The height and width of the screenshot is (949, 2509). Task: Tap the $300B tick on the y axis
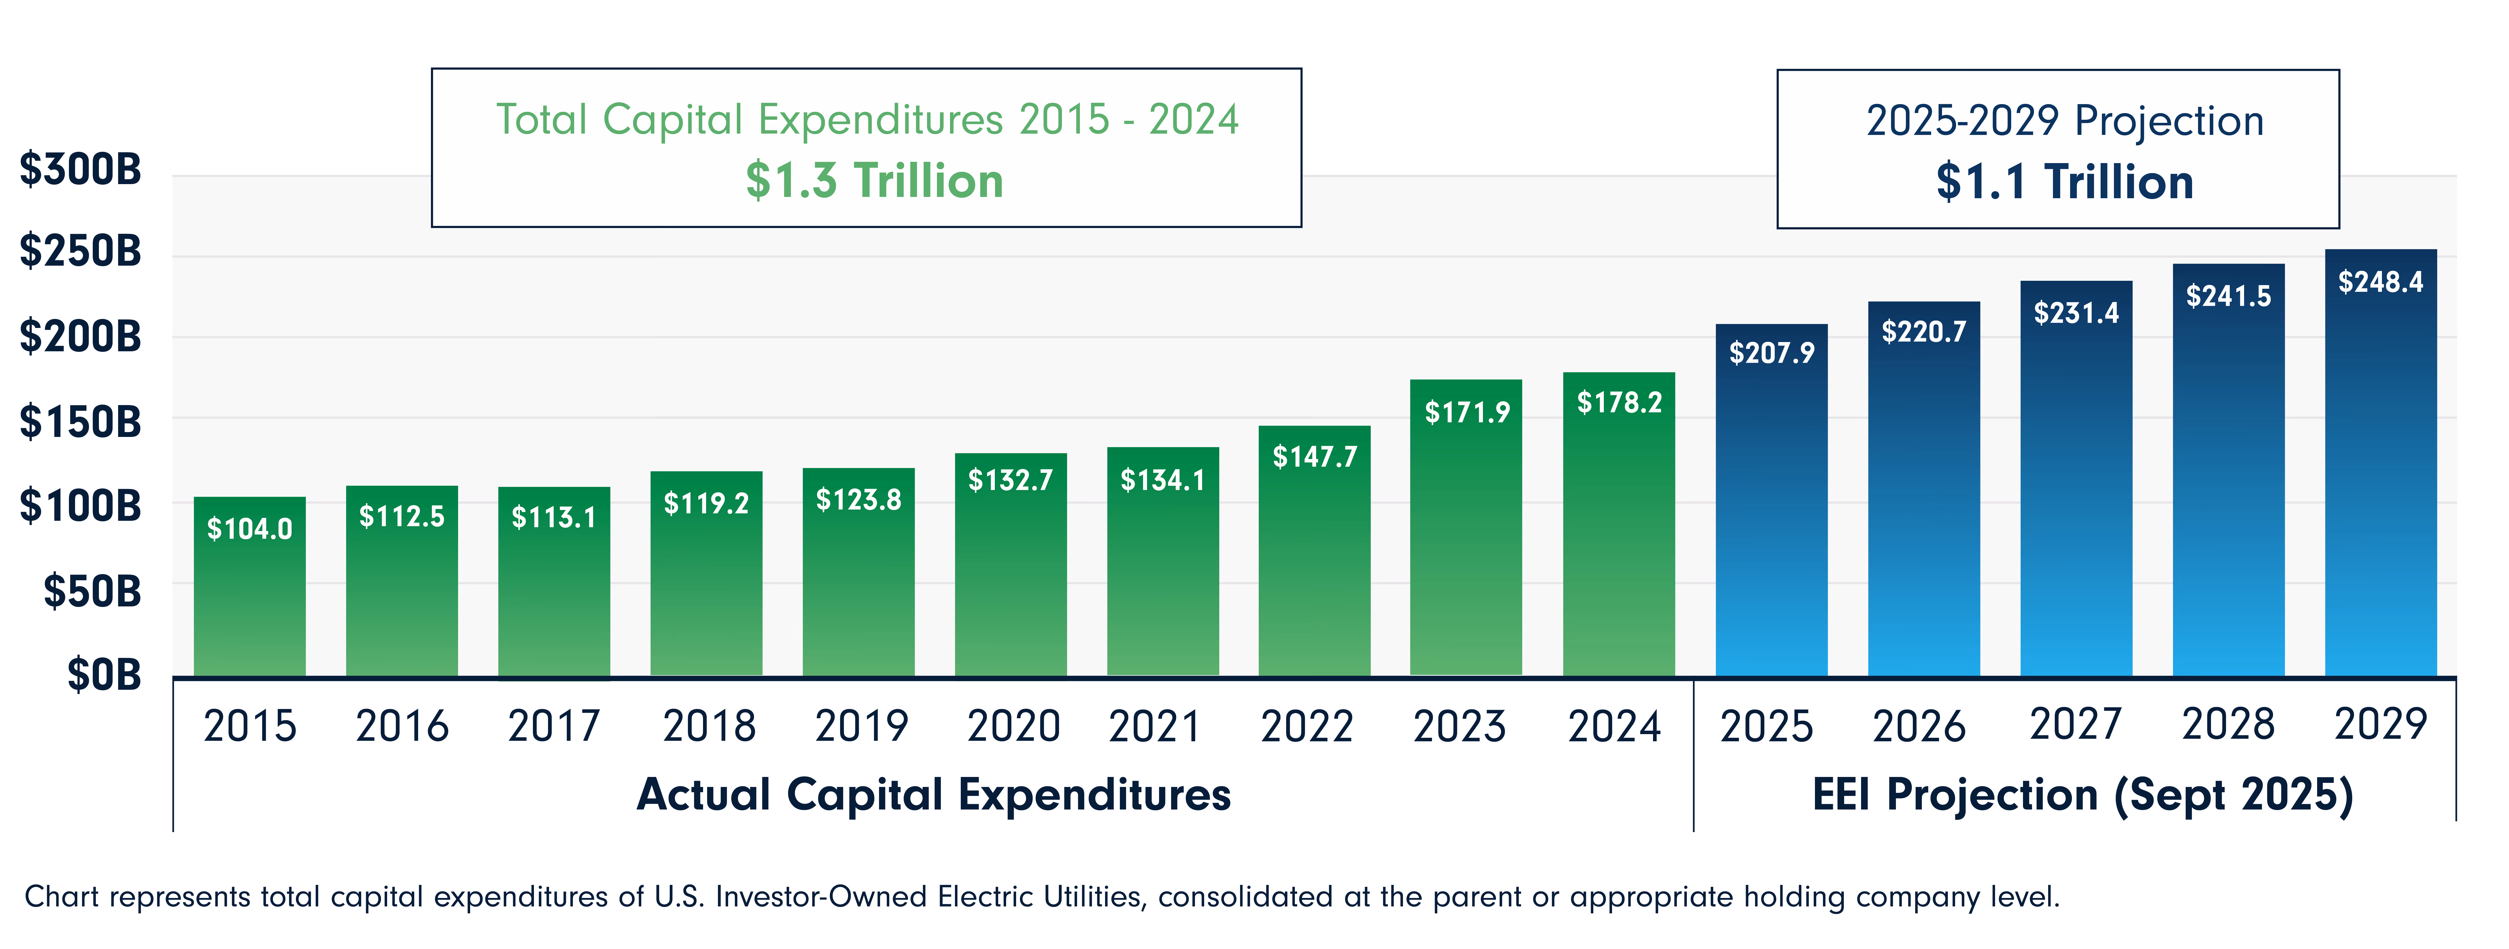[81, 169]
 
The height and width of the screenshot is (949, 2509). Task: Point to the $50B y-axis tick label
[92, 591]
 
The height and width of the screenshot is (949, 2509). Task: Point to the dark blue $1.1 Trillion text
[2065, 182]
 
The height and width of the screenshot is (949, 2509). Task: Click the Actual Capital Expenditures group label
[933, 794]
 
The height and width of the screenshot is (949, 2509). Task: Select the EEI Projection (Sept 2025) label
[2082, 794]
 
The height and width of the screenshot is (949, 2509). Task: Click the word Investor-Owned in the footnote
[821, 896]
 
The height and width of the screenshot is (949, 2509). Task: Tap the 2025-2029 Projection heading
[2065, 121]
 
